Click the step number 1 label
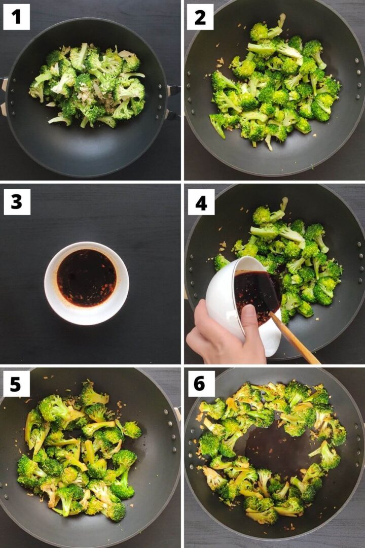pos(17,17)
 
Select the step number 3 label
pos(17,201)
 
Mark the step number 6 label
pos(201,384)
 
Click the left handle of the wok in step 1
pos(4,96)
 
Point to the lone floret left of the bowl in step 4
pos(221,262)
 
